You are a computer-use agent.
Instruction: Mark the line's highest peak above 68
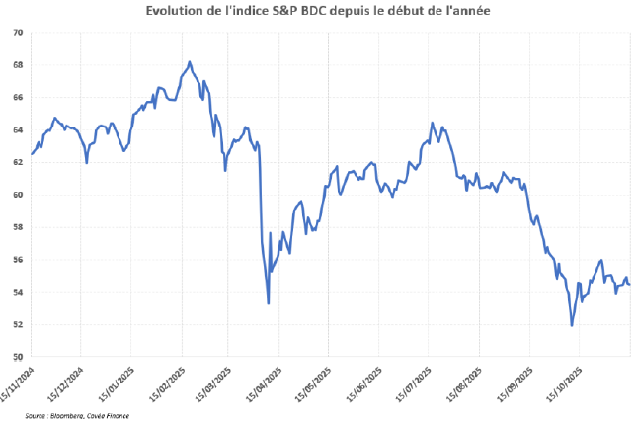click(190, 62)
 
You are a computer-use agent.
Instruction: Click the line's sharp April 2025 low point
click(269, 303)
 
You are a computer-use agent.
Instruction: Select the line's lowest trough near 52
click(572, 325)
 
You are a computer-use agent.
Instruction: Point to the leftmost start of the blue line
click(32, 154)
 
